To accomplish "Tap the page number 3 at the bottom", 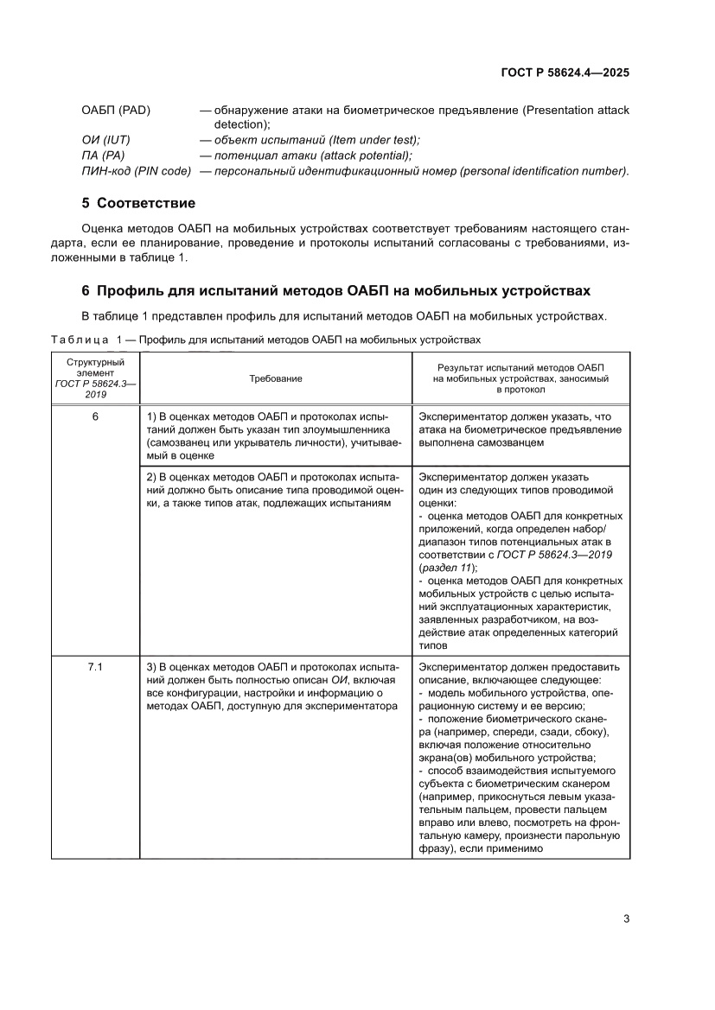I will (x=626, y=918).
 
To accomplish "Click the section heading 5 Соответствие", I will (x=137, y=204).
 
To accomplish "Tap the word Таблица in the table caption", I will (x=80, y=340).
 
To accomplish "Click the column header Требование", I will (x=276, y=378).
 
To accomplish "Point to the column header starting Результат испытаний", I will (x=520, y=378).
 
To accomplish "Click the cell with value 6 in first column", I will (x=95, y=416).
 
